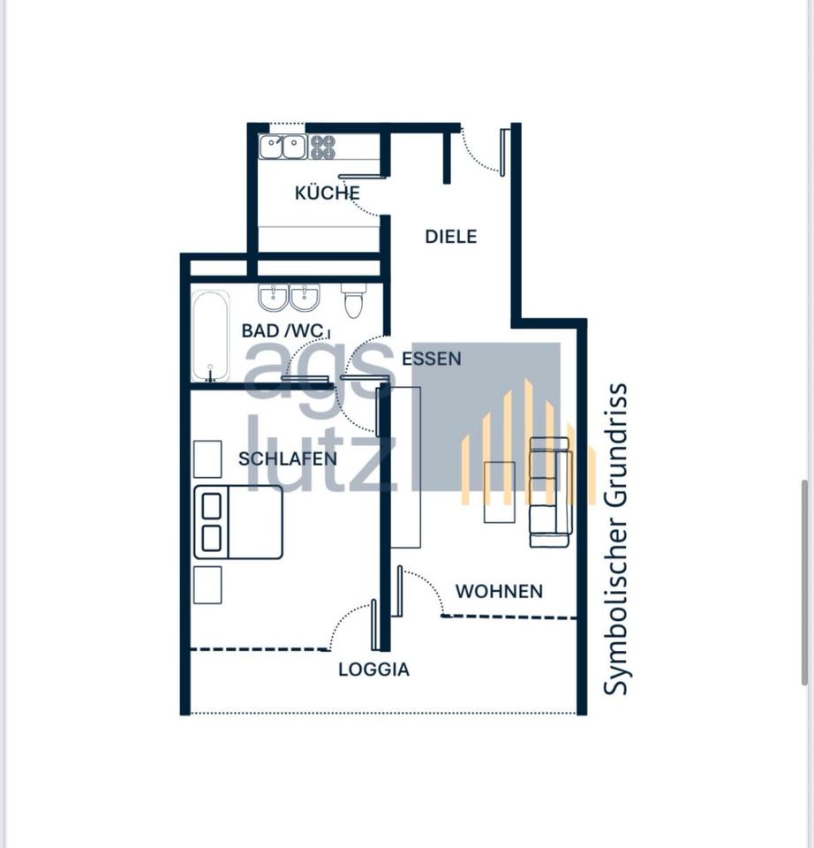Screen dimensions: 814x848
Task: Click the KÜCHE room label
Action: [x=327, y=193]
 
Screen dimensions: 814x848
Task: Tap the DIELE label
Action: [x=450, y=237]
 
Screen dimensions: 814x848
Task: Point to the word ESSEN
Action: [x=431, y=359]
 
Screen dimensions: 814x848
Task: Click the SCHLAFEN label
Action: [x=287, y=459]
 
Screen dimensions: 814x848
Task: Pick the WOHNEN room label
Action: [x=499, y=591]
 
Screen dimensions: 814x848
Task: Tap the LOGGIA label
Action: [x=373, y=670]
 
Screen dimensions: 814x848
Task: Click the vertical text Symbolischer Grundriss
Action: [x=617, y=538]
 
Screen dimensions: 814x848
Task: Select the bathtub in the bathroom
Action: [x=210, y=336]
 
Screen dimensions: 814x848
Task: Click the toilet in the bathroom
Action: [x=353, y=300]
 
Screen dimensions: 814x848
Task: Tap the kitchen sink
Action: [x=283, y=147]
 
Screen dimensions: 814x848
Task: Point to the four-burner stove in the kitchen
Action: [x=322, y=147]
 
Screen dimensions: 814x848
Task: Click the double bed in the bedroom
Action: [x=238, y=522]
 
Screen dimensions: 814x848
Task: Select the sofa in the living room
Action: [x=550, y=492]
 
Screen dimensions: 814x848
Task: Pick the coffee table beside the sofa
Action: [x=500, y=492]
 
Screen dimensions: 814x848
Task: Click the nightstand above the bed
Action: [x=207, y=458]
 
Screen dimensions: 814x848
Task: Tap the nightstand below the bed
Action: [x=207, y=585]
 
